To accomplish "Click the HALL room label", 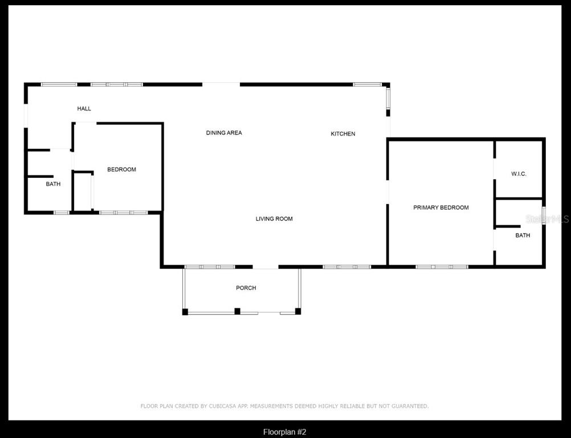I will coord(84,108).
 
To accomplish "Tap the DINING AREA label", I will coord(224,133).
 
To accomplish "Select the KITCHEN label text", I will coord(343,134).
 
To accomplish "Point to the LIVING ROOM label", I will coord(274,219).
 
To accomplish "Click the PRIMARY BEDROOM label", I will coord(441,208).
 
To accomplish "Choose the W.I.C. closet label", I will coord(519,174).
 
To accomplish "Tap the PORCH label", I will coord(246,288).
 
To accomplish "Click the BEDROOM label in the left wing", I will coord(122,169).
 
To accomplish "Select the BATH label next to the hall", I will coord(54,184).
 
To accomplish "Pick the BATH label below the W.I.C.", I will coord(523,236).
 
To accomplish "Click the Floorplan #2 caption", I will coord(288,432).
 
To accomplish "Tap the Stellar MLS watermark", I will coord(547,218).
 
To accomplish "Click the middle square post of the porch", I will coord(238,311).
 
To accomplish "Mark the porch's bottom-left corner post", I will coord(185,311).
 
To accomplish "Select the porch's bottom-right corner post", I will coord(298,311).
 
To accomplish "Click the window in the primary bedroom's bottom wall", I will coord(442,266).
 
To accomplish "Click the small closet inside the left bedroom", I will coord(83,192).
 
